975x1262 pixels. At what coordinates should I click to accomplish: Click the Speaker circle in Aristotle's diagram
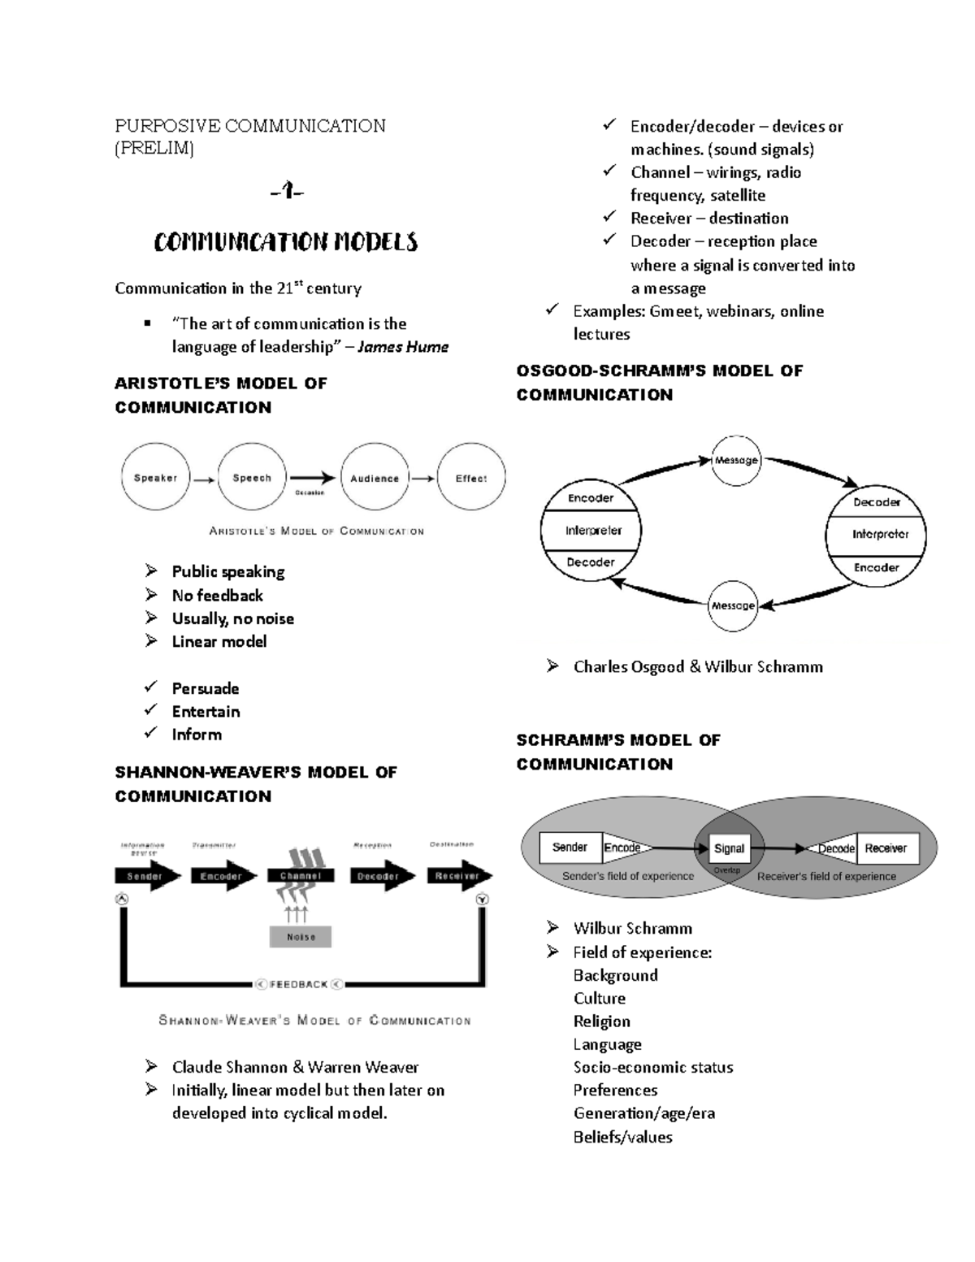(155, 478)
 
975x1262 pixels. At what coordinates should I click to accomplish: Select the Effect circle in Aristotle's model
(471, 478)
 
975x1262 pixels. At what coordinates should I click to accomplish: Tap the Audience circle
(375, 478)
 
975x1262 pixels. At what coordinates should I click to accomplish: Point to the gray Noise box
(301, 936)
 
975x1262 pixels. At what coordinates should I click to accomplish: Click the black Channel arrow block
(301, 876)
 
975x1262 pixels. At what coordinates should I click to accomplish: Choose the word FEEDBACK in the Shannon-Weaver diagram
(298, 984)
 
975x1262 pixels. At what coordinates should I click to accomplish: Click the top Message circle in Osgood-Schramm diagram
(736, 460)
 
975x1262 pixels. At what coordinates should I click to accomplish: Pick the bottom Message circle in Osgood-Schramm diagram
(733, 605)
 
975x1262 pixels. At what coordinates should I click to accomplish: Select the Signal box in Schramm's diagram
(729, 848)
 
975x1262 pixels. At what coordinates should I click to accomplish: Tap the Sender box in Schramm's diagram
(570, 848)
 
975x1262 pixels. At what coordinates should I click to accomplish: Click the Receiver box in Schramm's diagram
(886, 848)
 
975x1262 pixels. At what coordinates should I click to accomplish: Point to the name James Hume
(403, 347)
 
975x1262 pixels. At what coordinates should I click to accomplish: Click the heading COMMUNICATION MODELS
(286, 242)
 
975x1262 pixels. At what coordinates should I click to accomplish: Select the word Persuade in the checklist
(206, 688)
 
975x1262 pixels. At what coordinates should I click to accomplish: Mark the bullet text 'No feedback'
(218, 595)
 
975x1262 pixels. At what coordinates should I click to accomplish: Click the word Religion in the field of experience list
(602, 1021)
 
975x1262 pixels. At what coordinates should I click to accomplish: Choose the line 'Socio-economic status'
(653, 1067)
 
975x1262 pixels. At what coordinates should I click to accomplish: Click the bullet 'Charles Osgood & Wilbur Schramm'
(698, 666)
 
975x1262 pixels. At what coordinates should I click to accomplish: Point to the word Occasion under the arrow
(310, 492)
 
